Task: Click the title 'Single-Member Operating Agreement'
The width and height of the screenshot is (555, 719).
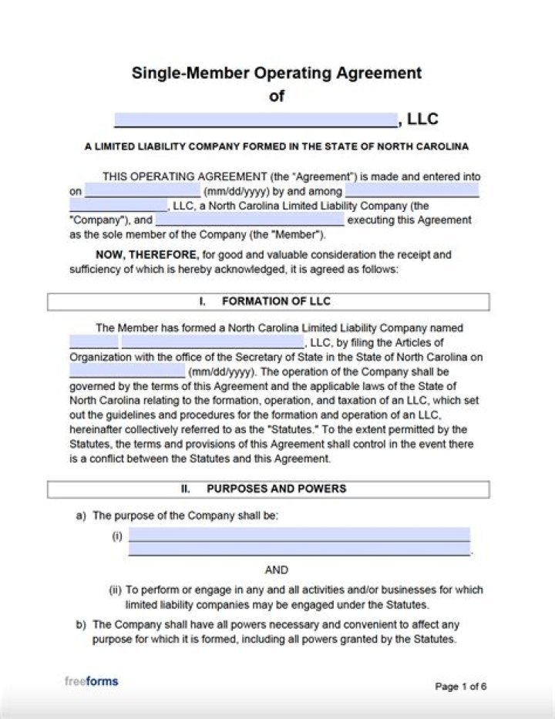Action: pyautogui.click(x=277, y=73)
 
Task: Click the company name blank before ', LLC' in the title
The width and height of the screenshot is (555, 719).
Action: pyautogui.click(x=255, y=119)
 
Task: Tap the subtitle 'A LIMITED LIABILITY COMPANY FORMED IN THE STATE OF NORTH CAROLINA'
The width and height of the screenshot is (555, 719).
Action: pyautogui.click(x=277, y=146)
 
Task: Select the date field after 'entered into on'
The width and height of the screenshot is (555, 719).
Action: pyautogui.click(x=143, y=190)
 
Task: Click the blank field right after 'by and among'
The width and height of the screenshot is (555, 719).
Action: pyautogui.click(x=412, y=190)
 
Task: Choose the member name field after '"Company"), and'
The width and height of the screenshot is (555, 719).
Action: pyautogui.click(x=250, y=220)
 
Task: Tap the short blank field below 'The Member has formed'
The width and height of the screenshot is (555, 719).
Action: pyautogui.click(x=94, y=342)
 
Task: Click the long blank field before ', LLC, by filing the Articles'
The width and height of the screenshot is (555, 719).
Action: pyautogui.click(x=213, y=342)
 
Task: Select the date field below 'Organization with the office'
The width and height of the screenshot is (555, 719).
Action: pyautogui.click(x=127, y=371)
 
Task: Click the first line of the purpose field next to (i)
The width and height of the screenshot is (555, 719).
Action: pyautogui.click(x=299, y=535)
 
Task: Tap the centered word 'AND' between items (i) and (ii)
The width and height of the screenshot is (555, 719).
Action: pyautogui.click(x=277, y=570)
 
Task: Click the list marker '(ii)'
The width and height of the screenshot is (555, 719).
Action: pyautogui.click(x=115, y=590)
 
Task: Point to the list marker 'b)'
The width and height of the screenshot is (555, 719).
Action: pyautogui.click(x=81, y=625)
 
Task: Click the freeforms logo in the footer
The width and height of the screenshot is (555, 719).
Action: pyautogui.click(x=91, y=681)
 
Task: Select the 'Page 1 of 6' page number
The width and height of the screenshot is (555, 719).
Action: pyautogui.click(x=461, y=687)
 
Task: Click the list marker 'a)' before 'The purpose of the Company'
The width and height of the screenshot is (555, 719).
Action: pyautogui.click(x=81, y=516)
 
